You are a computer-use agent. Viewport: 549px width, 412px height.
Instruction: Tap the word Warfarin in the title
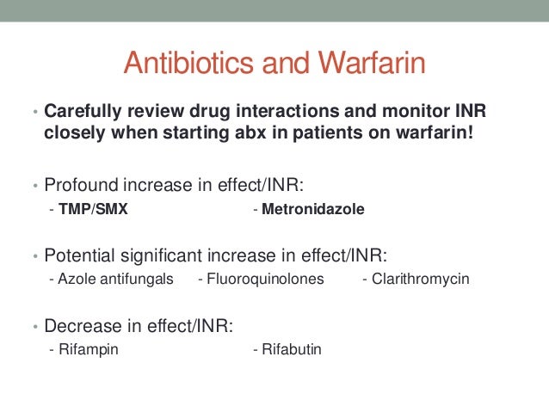371,64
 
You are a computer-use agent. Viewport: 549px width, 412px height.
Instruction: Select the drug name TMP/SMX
93,209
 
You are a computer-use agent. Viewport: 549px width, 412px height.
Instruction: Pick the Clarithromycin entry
421,279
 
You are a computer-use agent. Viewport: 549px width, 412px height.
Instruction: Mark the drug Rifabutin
291,349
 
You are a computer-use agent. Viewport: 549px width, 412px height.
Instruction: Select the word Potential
82,255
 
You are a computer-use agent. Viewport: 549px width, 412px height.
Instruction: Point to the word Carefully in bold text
79,114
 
